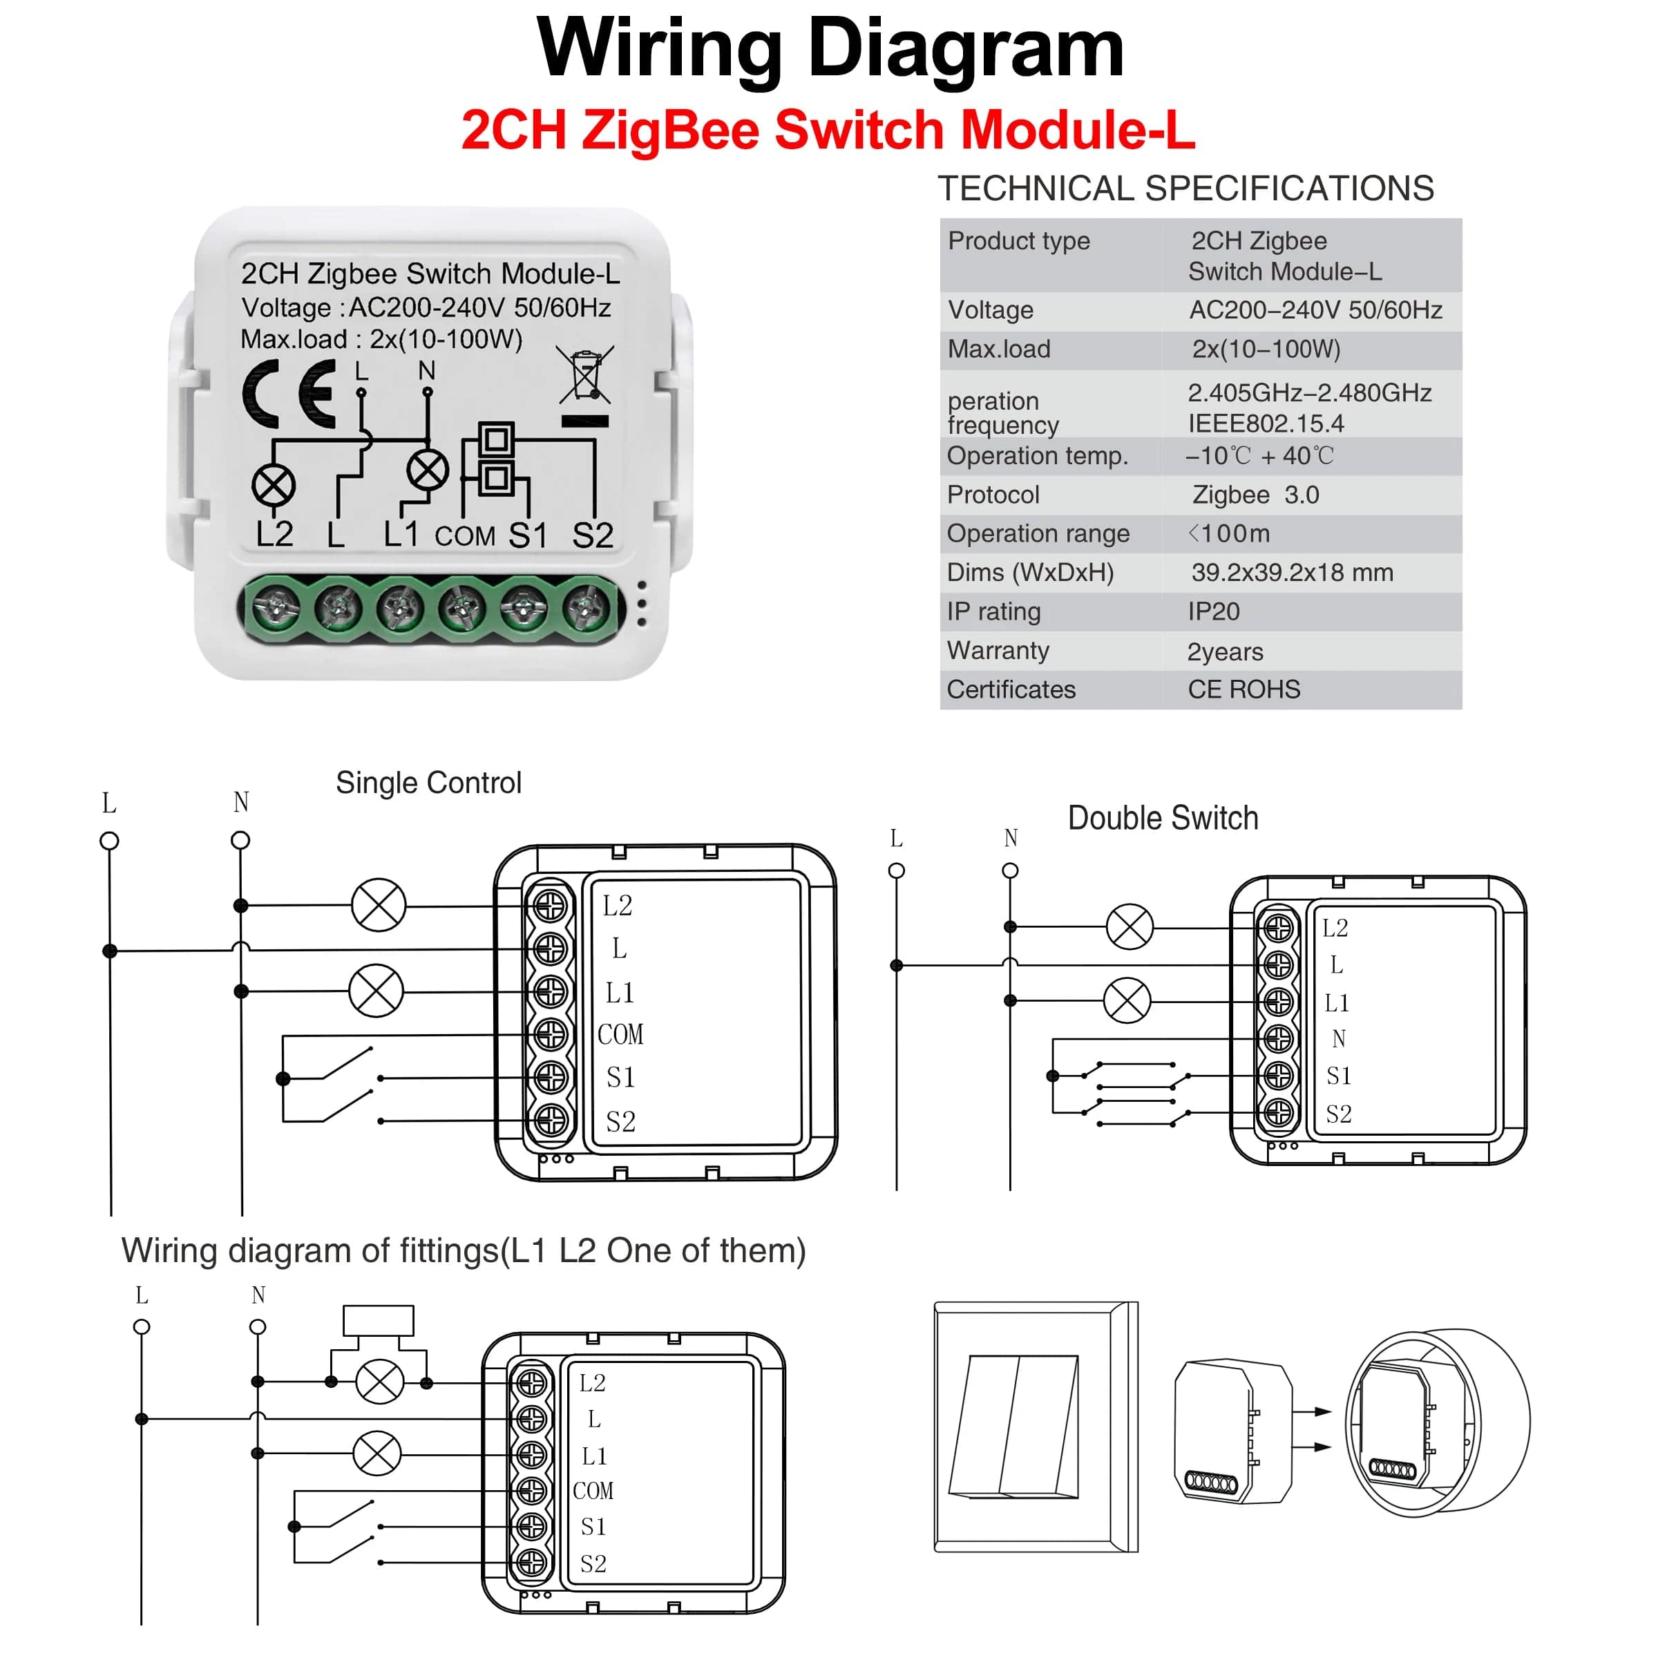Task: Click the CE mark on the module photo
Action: point(289,394)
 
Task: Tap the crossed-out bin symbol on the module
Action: point(585,376)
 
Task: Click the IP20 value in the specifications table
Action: point(1214,612)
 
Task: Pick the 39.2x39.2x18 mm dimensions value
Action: point(1292,573)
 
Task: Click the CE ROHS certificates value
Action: point(1243,689)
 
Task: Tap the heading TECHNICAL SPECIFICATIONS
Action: point(1185,189)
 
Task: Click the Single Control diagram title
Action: point(428,783)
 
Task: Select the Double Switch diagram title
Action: point(1163,818)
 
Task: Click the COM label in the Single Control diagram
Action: point(620,1035)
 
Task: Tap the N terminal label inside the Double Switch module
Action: point(1339,1039)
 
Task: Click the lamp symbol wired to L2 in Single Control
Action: point(379,906)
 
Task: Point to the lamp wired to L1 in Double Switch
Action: point(1127,1000)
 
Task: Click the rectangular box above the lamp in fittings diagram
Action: point(379,1321)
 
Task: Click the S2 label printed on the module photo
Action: point(593,535)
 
